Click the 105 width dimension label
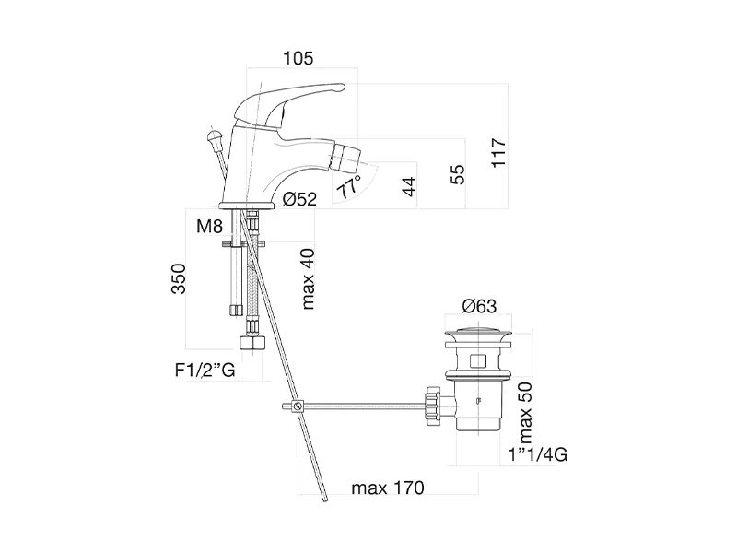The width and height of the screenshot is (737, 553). point(298,58)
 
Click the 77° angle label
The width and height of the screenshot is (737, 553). point(349,190)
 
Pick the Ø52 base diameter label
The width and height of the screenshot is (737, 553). point(299,199)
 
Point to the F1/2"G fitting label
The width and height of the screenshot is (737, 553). point(204,371)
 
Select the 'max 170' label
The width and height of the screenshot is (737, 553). point(387,488)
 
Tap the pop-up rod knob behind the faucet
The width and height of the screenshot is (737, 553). point(215,138)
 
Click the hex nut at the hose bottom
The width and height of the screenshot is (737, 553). point(251,344)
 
